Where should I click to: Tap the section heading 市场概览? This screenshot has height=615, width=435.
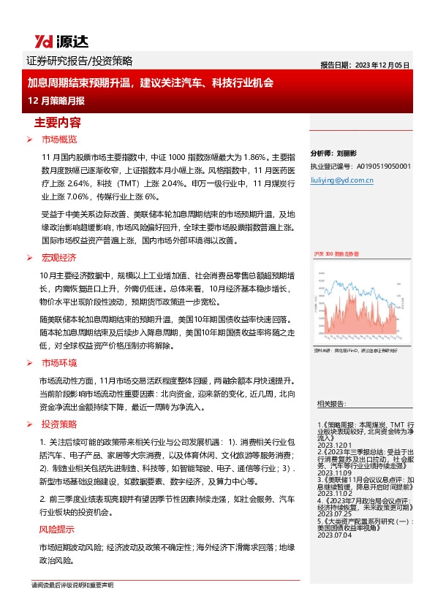(59, 138)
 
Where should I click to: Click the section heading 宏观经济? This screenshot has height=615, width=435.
(59, 257)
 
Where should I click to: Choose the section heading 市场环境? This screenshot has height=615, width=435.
(59, 362)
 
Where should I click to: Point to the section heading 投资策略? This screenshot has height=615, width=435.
(59, 424)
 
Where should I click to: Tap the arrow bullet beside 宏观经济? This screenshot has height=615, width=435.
(29, 258)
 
